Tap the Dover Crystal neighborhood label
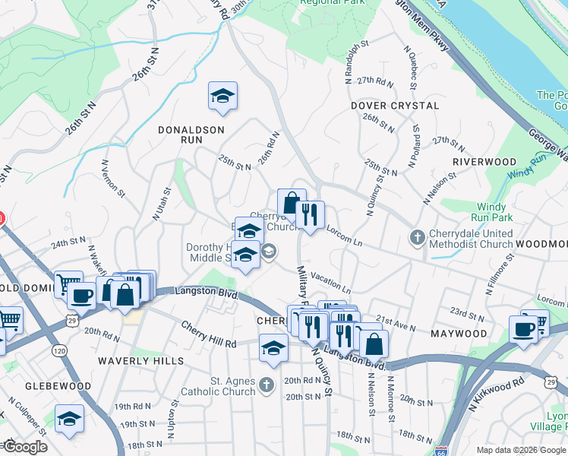(x=395, y=106)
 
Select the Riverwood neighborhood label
(x=484, y=162)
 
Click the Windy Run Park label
(x=494, y=212)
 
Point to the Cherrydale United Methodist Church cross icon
(x=417, y=238)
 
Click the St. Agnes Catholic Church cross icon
(x=266, y=386)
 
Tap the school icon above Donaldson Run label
(x=222, y=97)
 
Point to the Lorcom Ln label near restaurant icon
(x=343, y=234)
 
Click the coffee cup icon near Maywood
(x=523, y=329)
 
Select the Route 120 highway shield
(x=60, y=350)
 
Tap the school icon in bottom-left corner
(x=69, y=419)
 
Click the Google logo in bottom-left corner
(x=24, y=447)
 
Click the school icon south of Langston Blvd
(x=273, y=348)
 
